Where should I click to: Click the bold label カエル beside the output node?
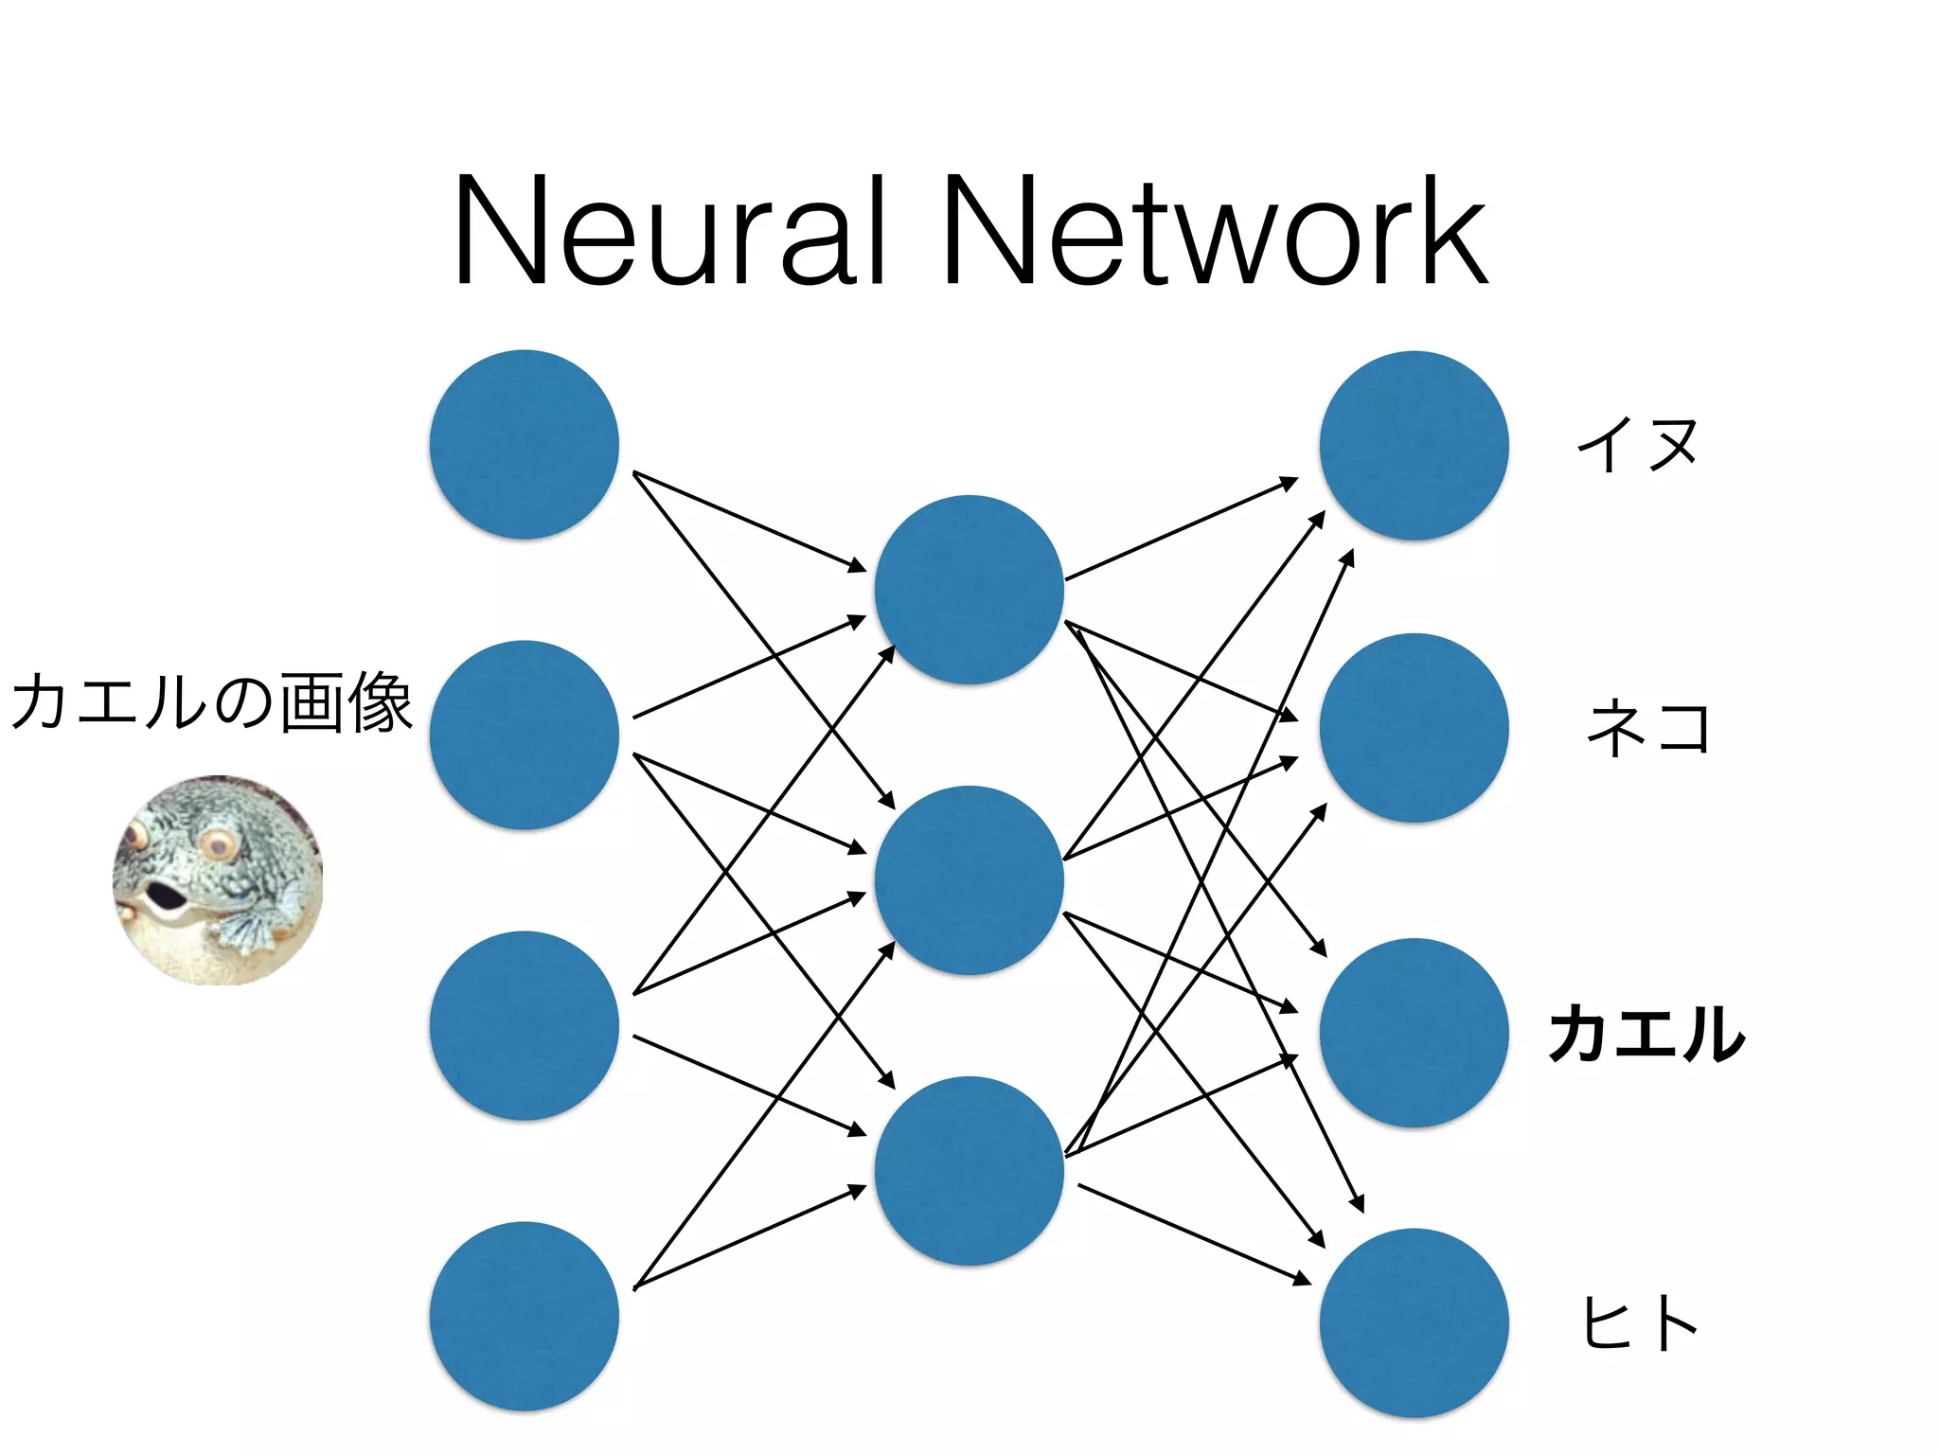click(1646, 1033)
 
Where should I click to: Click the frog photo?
click(218, 879)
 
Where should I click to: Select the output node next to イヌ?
click(1414, 446)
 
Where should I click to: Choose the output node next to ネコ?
click(1414, 728)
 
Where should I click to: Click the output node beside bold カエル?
click(1414, 1033)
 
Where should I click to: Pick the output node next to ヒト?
click(1414, 1322)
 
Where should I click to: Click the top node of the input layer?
click(525, 445)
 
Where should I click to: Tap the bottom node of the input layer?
click(525, 1316)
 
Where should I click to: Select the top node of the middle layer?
click(969, 590)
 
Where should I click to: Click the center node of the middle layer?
click(969, 880)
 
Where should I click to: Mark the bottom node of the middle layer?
click(969, 1171)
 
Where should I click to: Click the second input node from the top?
click(525, 736)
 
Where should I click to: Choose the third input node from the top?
click(525, 1026)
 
